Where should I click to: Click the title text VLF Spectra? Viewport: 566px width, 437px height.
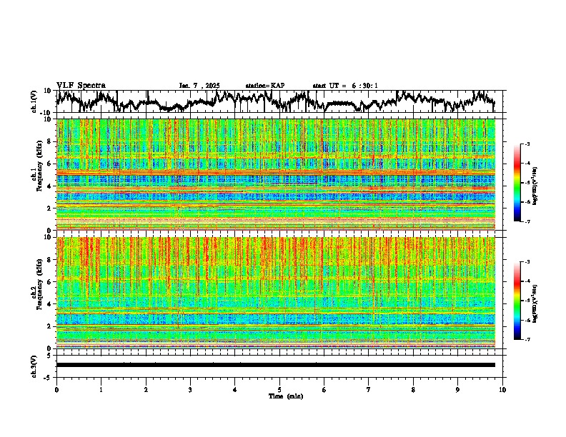click(81, 85)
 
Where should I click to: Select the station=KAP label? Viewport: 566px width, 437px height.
click(264, 86)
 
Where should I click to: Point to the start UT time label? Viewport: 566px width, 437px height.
click(345, 86)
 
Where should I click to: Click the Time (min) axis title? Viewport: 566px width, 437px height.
click(279, 396)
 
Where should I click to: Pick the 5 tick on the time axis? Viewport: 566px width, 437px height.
click(279, 389)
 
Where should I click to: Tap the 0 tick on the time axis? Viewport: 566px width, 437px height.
click(56, 389)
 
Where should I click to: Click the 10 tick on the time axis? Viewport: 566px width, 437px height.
click(502, 389)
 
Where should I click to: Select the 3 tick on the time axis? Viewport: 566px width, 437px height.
click(190, 389)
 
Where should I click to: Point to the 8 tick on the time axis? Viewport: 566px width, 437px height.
click(413, 389)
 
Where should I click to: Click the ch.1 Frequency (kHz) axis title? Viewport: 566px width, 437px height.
click(39, 174)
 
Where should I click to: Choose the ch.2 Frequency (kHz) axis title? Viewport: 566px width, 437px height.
click(39, 293)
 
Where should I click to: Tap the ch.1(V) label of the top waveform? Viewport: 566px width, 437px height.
click(34, 102)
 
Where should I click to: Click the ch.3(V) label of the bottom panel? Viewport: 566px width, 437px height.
click(34, 365)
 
